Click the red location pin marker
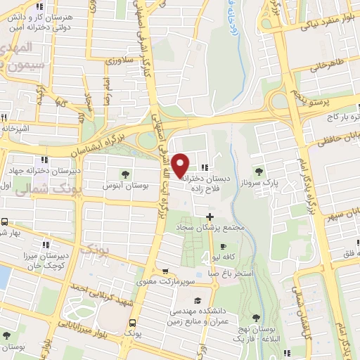[181, 165]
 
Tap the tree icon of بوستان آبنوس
[125, 174]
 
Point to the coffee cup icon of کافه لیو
[224, 247]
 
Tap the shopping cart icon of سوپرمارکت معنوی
[164, 273]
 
